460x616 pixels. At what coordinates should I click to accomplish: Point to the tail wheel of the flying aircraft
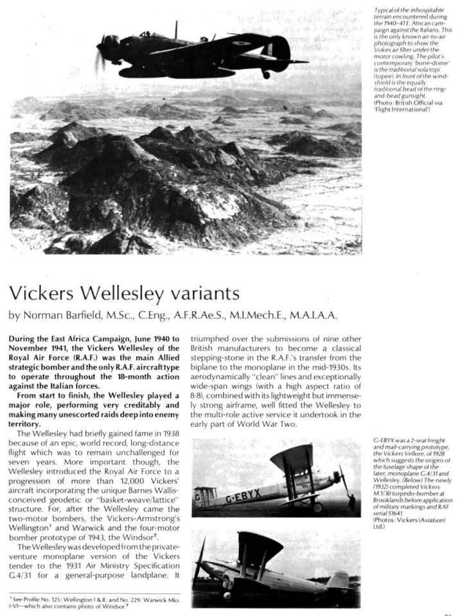coord(266,75)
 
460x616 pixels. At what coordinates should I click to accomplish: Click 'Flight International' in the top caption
coord(400,110)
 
